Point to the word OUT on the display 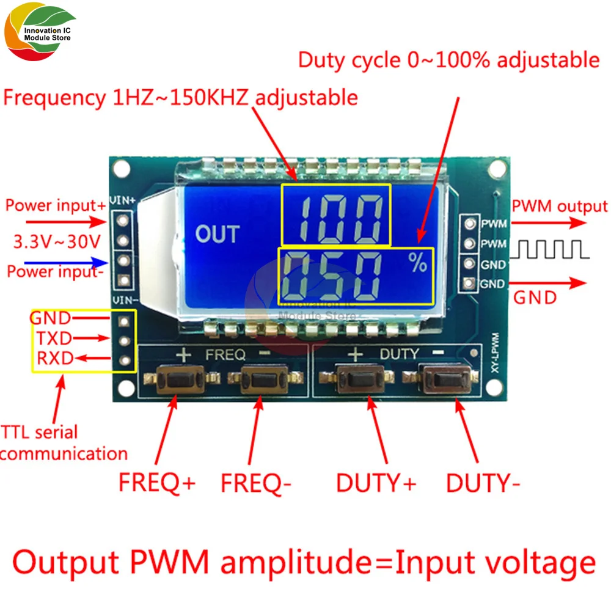click(218, 233)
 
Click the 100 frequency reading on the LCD click(335, 214)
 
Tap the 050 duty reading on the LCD click(336, 274)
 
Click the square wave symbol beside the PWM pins click(554, 249)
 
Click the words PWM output click(560, 206)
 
